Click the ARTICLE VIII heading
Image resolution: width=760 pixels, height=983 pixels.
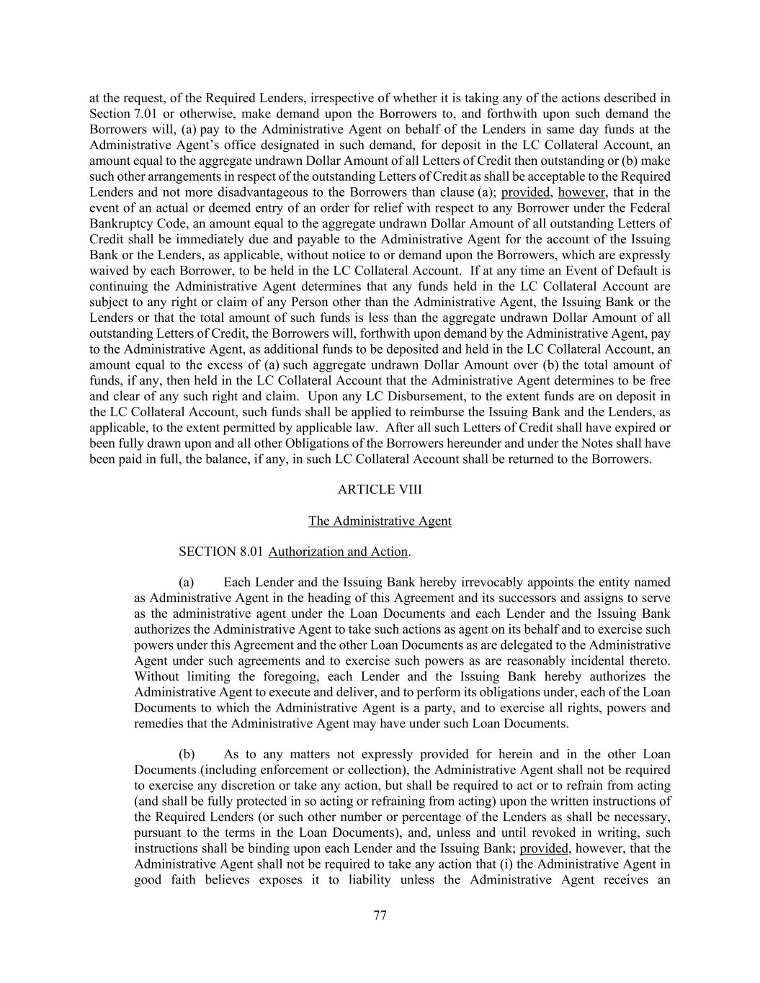click(x=380, y=490)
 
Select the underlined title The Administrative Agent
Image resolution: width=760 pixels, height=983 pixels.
click(x=380, y=521)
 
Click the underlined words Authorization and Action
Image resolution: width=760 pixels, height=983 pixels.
click(x=338, y=552)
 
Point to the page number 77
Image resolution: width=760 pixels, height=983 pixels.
click(x=380, y=916)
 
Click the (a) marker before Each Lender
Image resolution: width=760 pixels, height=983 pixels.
click(x=187, y=583)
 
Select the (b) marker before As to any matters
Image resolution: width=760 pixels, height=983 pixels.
click(x=187, y=755)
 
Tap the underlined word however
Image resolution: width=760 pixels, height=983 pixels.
click(x=582, y=192)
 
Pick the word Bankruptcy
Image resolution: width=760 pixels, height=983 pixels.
click(x=120, y=224)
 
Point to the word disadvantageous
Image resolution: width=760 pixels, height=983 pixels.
click(x=280, y=192)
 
